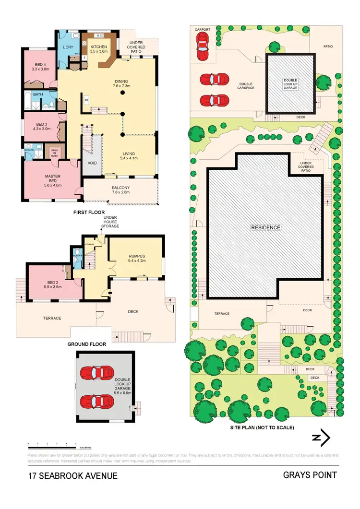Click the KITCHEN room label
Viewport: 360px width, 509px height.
(99, 46)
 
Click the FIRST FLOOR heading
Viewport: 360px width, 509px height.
(89, 212)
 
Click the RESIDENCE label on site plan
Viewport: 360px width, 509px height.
(265, 227)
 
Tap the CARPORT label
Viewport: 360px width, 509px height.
(202, 29)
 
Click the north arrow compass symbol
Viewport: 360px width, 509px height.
(321, 438)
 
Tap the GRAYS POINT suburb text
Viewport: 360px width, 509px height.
(310, 475)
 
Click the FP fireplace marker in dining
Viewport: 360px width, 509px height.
(86, 100)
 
